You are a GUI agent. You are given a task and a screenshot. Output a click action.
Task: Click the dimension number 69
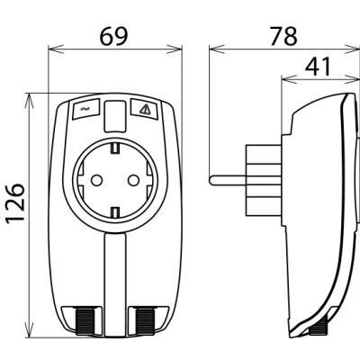click(x=113, y=36)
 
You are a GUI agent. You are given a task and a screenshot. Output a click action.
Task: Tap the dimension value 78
click(x=283, y=36)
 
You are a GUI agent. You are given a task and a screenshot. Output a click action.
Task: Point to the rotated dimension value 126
click(x=15, y=203)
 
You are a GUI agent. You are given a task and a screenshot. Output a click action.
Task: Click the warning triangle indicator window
click(x=144, y=108)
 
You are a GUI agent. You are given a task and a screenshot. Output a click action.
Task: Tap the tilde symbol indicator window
click(x=85, y=108)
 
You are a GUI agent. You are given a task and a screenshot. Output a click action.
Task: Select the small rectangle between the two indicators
click(x=114, y=116)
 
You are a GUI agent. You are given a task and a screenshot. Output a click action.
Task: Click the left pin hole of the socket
click(x=96, y=180)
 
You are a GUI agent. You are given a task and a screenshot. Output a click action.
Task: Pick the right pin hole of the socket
click(x=133, y=180)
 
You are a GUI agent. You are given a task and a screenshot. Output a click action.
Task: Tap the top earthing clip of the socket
click(x=115, y=148)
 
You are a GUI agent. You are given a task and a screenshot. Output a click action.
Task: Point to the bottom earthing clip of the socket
click(x=115, y=212)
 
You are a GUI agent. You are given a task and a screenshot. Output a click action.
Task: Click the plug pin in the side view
click(x=228, y=180)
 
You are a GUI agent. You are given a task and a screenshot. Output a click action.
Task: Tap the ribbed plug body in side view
click(x=263, y=180)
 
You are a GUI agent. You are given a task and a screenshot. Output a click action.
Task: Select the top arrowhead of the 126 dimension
click(x=30, y=101)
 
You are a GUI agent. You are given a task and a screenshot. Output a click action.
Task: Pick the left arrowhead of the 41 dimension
click(x=288, y=79)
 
